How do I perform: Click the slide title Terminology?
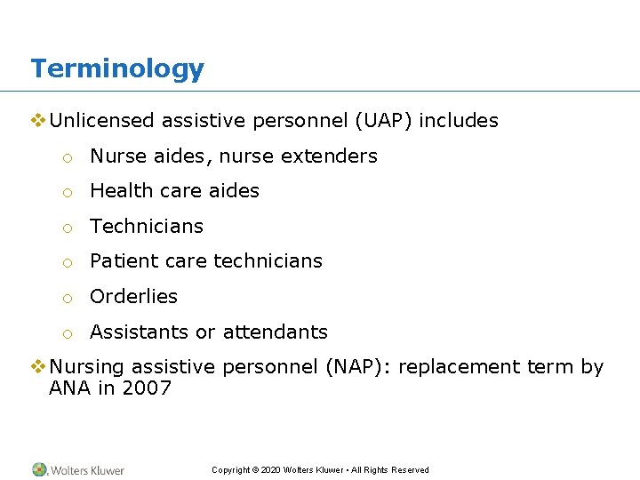click(117, 68)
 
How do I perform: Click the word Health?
click(118, 191)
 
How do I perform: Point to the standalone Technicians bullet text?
click(147, 227)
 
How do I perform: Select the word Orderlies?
click(133, 297)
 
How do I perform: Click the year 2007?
click(146, 388)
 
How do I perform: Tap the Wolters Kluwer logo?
click(78, 470)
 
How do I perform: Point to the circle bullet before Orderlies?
click(67, 298)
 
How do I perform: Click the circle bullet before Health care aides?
click(67, 192)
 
